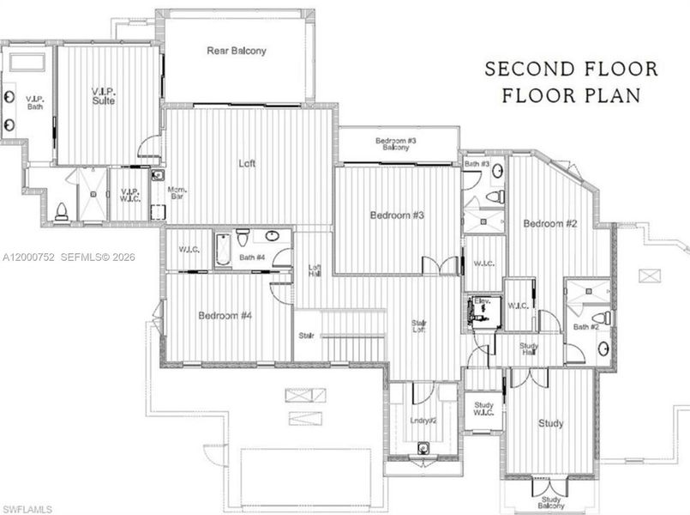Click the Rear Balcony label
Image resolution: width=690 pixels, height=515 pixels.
(x=237, y=51)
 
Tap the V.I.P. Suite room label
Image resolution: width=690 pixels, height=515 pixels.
(x=104, y=95)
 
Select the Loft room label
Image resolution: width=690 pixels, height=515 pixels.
(x=247, y=163)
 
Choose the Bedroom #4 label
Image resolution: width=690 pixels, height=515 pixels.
(x=225, y=316)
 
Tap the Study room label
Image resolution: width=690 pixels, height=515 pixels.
(x=550, y=423)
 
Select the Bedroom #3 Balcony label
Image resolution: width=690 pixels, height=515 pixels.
(x=396, y=144)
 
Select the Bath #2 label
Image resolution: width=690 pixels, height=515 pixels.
(x=585, y=326)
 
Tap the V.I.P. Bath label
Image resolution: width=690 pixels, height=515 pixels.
(x=34, y=102)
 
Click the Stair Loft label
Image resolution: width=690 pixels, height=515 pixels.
(x=420, y=327)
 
